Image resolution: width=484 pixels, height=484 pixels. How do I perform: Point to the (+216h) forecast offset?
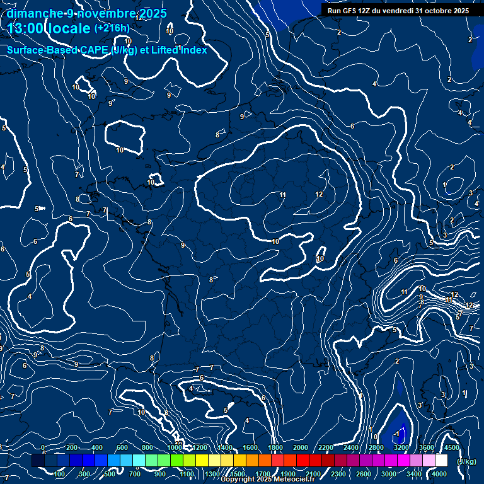point(112,28)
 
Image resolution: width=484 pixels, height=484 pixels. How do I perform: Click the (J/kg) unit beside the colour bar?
point(466,461)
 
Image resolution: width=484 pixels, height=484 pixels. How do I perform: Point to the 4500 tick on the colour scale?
point(451,447)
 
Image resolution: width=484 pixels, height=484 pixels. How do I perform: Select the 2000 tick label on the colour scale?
point(300,447)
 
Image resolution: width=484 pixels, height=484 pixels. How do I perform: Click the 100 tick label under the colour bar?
point(60,474)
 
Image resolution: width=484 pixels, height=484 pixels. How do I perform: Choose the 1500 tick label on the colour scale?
point(238,474)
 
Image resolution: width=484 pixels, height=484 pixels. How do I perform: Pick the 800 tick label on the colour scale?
point(147,447)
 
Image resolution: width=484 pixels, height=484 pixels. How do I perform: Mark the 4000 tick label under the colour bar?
point(439,474)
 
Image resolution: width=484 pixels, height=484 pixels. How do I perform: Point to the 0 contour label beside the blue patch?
point(376,436)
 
